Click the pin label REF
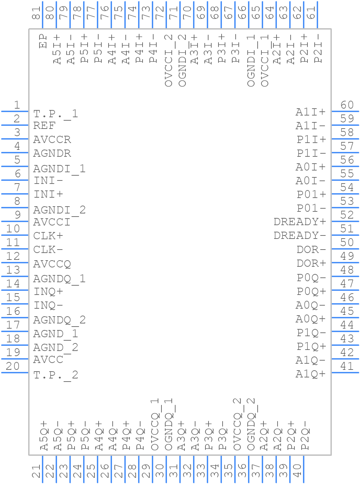click(x=44, y=126)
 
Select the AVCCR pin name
click(x=52, y=140)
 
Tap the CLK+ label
click(x=48, y=236)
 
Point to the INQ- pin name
click(x=48, y=305)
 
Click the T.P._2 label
click(x=56, y=375)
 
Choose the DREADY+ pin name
click(x=300, y=222)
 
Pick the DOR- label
click(x=311, y=250)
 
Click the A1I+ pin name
click(x=311, y=112)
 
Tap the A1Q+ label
click(x=311, y=374)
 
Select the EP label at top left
click(x=43, y=41)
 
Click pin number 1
click(x=16, y=105)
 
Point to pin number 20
click(x=13, y=366)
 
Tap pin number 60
click(x=347, y=105)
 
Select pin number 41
click(x=347, y=366)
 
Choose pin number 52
click(x=347, y=215)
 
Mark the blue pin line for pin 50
click(x=345, y=249)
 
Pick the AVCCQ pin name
click(x=52, y=264)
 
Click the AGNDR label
click(x=52, y=153)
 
